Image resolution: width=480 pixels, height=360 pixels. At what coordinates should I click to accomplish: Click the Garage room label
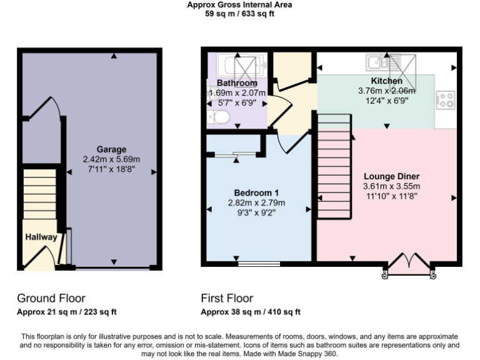tap(111, 149)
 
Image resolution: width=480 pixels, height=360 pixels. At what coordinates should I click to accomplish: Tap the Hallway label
tap(41, 237)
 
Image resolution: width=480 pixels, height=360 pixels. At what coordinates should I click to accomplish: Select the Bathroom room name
tap(237, 83)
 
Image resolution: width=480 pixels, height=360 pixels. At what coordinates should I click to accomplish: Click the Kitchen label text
tap(387, 81)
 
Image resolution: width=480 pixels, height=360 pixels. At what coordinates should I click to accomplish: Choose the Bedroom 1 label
tap(256, 192)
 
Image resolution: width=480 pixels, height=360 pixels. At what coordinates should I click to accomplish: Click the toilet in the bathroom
tap(219, 116)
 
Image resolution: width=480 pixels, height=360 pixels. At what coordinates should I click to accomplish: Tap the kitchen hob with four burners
tap(446, 100)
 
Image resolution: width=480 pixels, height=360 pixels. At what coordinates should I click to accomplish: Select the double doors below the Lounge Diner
tap(409, 264)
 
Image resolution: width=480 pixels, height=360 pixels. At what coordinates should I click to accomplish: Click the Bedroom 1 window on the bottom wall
tap(259, 263)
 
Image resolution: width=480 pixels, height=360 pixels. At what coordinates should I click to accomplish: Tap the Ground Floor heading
tap(51, 298)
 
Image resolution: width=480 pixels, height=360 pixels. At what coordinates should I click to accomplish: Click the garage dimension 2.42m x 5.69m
tap(111, 159)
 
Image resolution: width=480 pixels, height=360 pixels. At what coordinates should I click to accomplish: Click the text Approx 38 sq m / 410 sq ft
tap(251, 312)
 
